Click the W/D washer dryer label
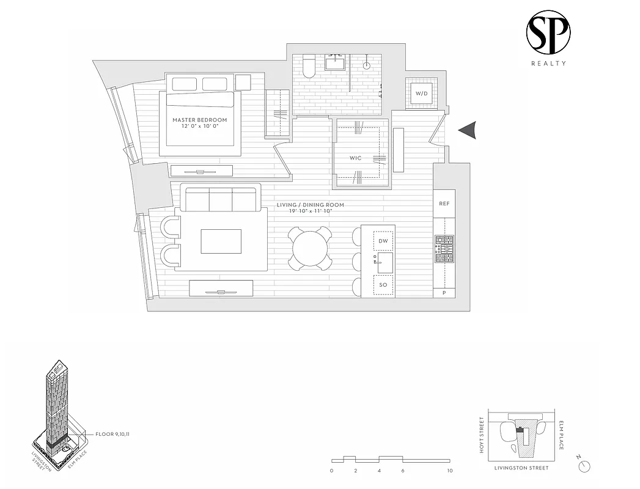click(x=422, y=94)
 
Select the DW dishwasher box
click(x=383, y=241)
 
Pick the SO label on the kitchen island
click(x=383, y=285)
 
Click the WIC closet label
click(x=355, y=158)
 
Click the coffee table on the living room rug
click(x=221, y=241)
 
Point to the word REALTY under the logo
click(x=548, y=63)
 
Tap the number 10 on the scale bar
click(x=450, y=471)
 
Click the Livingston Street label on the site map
click(x=521, y=468)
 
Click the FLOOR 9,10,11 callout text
click(x=112, y=434)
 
